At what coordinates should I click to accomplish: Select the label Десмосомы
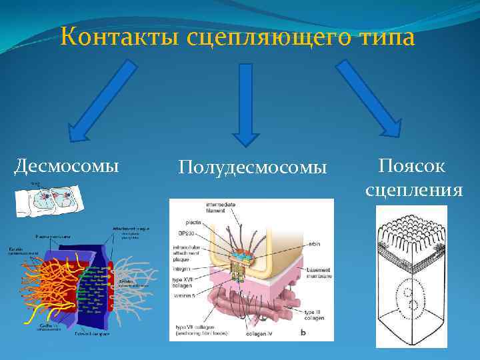tap(67, 165)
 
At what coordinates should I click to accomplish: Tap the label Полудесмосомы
tap(253, 167)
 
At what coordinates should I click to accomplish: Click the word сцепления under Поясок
tap(413, 190)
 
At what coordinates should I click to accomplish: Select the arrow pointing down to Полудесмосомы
tap(245, 103)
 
